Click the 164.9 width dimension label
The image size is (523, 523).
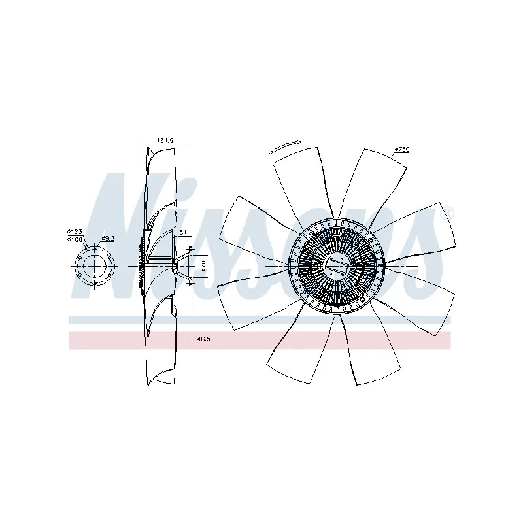(x=165, y=141)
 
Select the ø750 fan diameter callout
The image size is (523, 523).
(x=402, y=150)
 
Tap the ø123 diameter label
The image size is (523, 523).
(x=75, y=231)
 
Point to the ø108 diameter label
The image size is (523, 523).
(x=75, y=239)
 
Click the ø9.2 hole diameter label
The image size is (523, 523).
(x=108, y=238)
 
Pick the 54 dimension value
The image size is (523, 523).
(x=183, y=233)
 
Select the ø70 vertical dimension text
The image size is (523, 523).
(x=203, y=266)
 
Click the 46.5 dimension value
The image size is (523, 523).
(x=204, y=339)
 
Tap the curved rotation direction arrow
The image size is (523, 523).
(x=285, y=146)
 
